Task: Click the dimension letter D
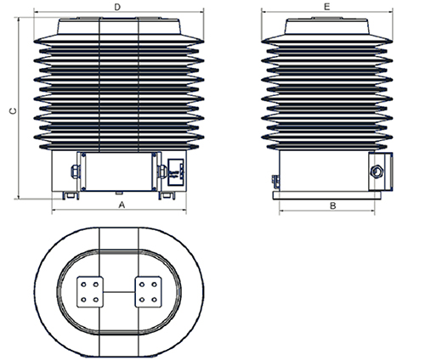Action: coord(117,7)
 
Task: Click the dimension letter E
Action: coord(327,7)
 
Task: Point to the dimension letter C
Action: coord(13,111)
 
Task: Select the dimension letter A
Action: coord(122,205)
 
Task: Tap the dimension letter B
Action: coord(333,205)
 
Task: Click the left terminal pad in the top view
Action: coord(90,292)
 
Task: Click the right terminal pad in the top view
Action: coord(148,292)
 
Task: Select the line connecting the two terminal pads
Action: coord(119,292)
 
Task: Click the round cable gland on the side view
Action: coord(377,172)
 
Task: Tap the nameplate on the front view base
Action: coord(176,172)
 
